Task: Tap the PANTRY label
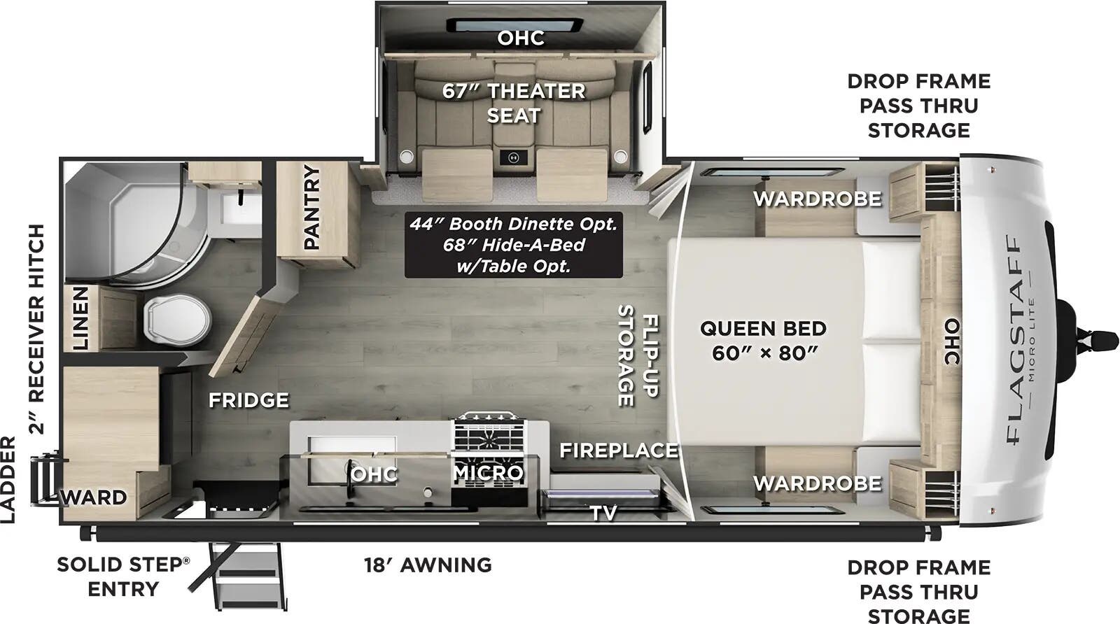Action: click(311, 207)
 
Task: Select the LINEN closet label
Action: click(81, 318)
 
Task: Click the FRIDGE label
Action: click(248, 400)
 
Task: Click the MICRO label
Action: click(488, 474)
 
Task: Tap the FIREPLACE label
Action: click(618, 451)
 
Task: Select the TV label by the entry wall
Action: click(603, 513)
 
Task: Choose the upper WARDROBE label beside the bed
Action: click(817, 199)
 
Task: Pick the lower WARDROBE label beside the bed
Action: click(817, 483)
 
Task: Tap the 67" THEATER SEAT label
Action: click(513, 103)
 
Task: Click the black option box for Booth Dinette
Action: click(513, 245)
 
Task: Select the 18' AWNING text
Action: click(428, 565)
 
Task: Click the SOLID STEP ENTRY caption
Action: click(122, 576)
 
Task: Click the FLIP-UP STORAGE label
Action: click(638, 355)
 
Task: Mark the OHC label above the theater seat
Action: click(521, 38)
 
